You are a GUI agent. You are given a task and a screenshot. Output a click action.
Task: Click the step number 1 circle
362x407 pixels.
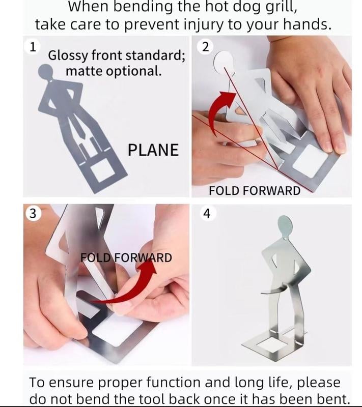(33, 47)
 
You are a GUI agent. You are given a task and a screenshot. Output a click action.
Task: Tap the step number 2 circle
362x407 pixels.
(205, 47)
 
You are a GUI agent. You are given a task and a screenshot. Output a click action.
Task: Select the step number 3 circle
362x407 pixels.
(33, 213)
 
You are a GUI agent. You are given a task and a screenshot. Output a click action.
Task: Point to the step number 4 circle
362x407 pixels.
(207, 213)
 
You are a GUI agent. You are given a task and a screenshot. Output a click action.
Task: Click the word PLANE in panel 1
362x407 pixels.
(153, 150)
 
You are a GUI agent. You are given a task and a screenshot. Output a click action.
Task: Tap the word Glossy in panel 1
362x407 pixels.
(68, 56)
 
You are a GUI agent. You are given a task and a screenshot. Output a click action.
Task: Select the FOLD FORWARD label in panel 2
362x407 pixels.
(255, 191)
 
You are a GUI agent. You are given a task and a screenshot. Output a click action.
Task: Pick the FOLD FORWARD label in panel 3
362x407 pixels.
(126, 257)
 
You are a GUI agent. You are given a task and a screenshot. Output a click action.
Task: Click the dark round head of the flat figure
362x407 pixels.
(45, 71)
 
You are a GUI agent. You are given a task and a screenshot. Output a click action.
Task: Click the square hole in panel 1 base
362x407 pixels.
(101, 170)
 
